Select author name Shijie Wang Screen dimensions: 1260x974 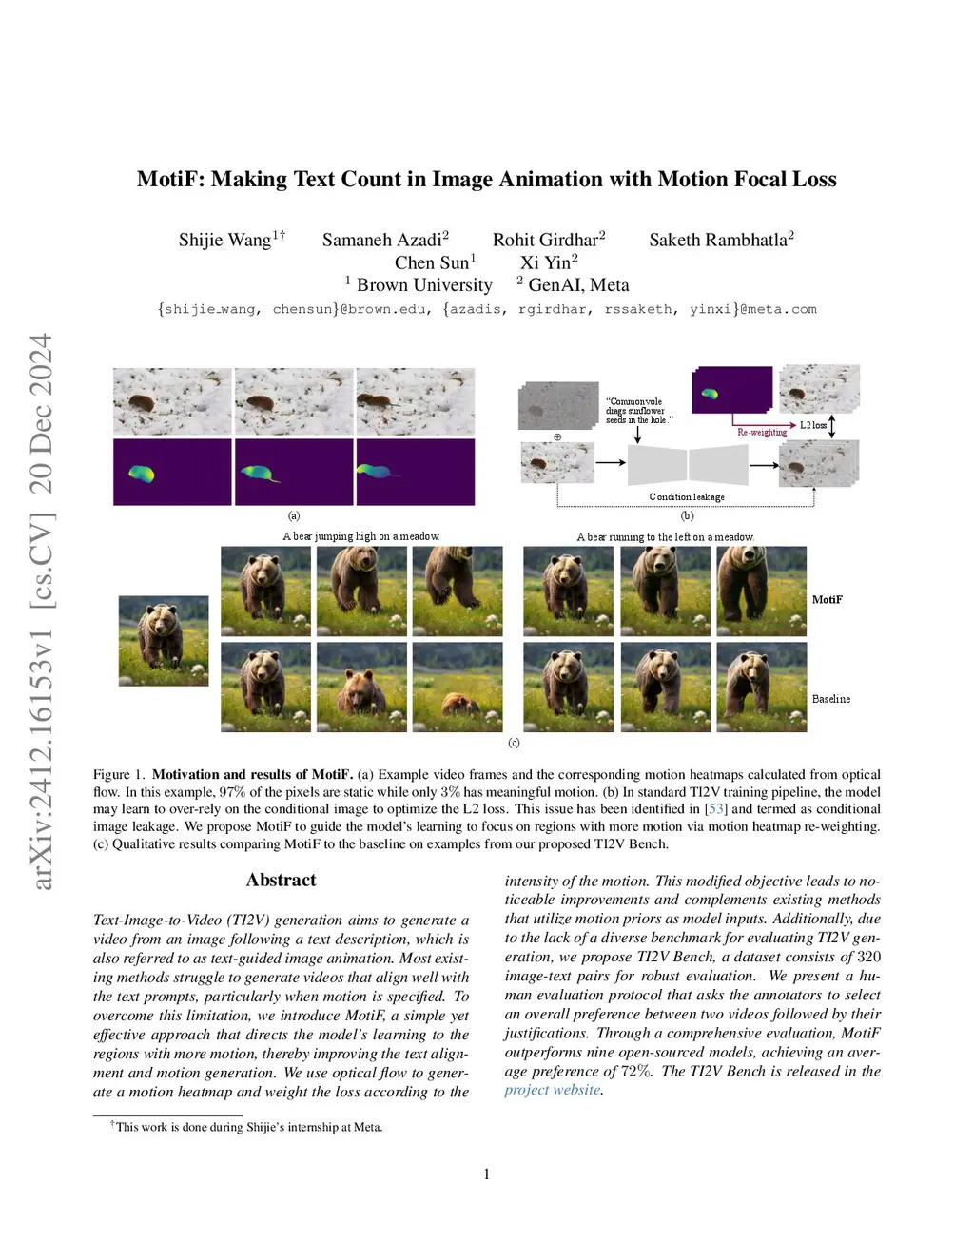(x=224, y=240)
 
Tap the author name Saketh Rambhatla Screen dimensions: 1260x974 (x=718, y=240)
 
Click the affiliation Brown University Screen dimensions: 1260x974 (x=424, y=285)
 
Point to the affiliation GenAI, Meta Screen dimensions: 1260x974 (x=578, y=285)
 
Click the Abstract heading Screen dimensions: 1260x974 (x=281, y=880)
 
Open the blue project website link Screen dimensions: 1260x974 (x=552, y=1090)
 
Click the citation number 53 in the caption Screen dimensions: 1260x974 (x=715, y=809)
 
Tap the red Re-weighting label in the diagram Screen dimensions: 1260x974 (x=762, y=433)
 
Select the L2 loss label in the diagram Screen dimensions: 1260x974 (x=812, y=425)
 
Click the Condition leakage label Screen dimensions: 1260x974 (x=687, y=497)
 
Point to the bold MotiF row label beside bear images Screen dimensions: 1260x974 (x=827, y=600)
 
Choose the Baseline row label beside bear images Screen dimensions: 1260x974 (x=830, y=699)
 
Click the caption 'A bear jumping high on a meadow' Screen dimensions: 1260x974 (x=360, y=536)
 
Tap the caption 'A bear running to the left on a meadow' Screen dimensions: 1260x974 (x=665, y=537)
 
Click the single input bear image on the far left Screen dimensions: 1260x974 (x=164, y=641)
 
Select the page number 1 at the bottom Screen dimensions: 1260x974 (x=487, y=1174)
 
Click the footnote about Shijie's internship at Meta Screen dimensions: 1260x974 (x=248, y=1127)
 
